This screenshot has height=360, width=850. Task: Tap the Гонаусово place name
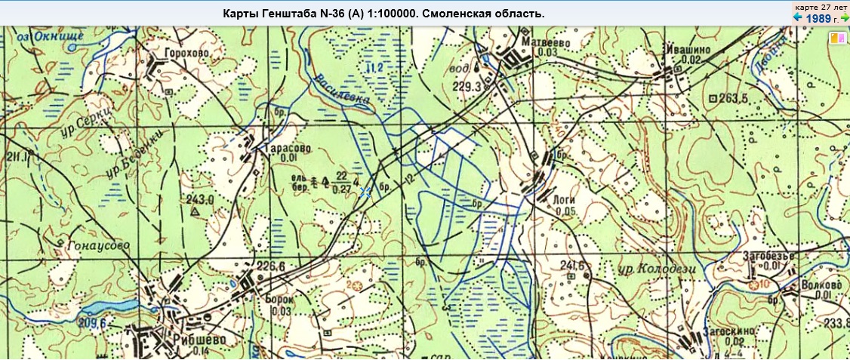[97, 246]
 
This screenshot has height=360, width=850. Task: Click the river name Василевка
[343, 89]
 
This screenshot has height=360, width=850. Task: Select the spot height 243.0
[200, 199]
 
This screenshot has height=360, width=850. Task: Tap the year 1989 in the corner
[818, 18]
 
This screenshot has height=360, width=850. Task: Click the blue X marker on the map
[365, 192]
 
